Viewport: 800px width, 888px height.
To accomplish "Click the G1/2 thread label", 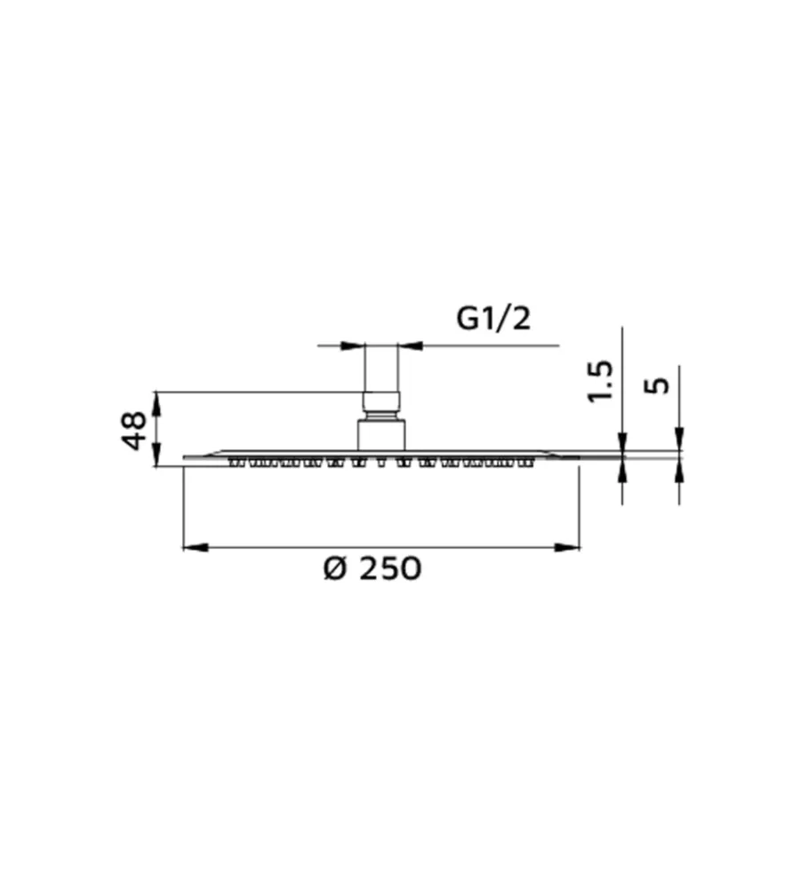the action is point(493,318).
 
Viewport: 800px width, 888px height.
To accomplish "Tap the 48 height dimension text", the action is point(135,431).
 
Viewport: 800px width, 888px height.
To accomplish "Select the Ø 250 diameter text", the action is point(372,568).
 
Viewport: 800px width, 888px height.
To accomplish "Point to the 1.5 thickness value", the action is point(600,381).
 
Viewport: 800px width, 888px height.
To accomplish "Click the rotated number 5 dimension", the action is point(657,385).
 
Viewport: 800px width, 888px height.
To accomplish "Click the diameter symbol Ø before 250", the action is point(334,568).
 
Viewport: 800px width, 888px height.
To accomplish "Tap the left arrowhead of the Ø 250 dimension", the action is point(196,547).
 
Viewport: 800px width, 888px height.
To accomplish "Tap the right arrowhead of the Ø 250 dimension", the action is point(567,547).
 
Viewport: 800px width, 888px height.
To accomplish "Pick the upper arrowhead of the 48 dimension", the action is point(157,404).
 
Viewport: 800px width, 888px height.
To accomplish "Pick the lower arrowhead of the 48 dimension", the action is point(157,454).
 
